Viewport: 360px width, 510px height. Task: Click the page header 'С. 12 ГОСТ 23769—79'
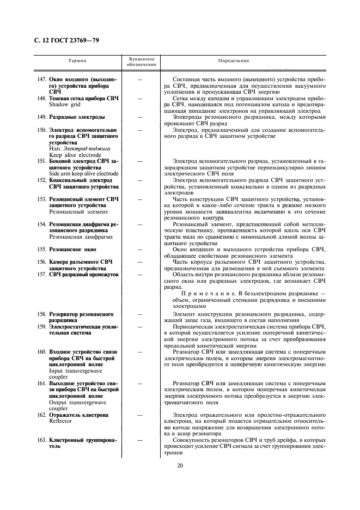click(x=63, y=40)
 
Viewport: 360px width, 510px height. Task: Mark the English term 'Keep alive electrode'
click(x=72, y=155)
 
